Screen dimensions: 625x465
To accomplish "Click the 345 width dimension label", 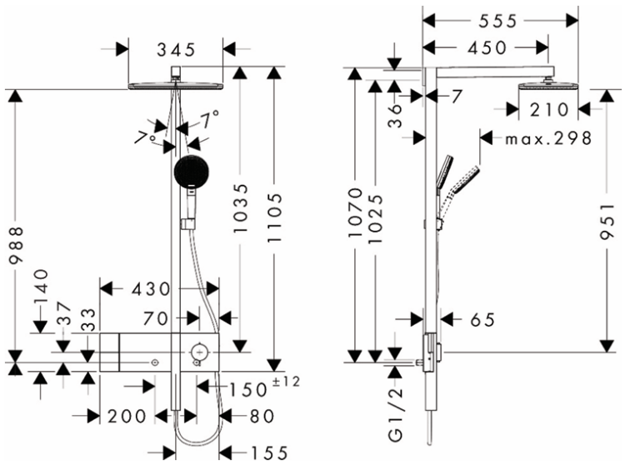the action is click(176, 50).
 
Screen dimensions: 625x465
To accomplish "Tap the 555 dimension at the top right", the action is click(497, 21).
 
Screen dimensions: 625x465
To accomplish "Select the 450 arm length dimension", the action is click(487, 47).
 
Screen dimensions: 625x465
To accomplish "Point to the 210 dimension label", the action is click(549, 109).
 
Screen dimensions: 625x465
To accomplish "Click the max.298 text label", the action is click(548, 138).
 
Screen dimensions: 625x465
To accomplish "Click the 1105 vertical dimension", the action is click(275, 217).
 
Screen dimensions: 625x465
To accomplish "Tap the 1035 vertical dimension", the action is click(241, 208).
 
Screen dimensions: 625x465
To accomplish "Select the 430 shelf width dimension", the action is click(152, 289).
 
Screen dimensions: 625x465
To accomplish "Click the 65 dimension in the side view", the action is click(482, 319).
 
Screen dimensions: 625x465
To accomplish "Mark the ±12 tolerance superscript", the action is click(286, 382).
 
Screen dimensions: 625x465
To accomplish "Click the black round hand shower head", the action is click(190, 172).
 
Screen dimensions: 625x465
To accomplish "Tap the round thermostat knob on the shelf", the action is click(199, 352).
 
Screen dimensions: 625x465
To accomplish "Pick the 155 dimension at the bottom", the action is click(269, 453).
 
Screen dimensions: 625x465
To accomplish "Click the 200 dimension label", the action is click(127, 417).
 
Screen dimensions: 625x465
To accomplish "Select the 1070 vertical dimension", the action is click(355, 213).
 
